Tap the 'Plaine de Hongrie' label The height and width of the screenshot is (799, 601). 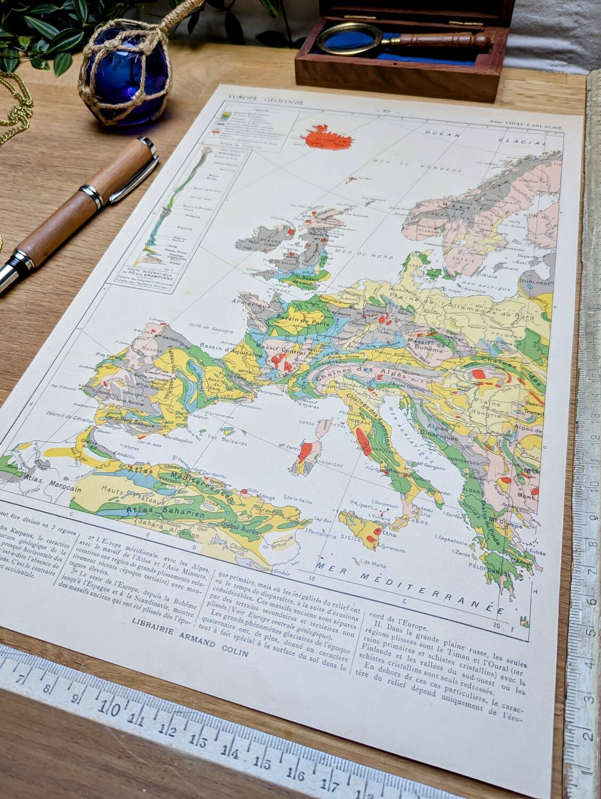pyautogui.click(x=488, y=405)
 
